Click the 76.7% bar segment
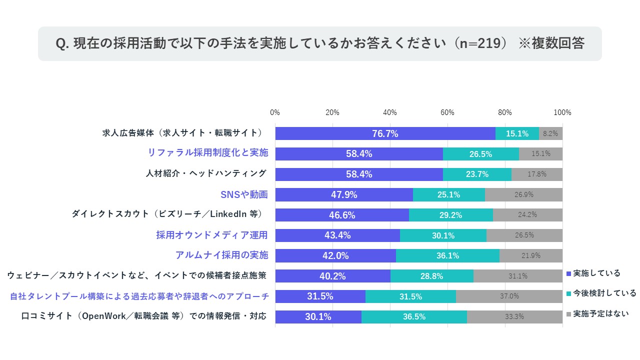pos(385,133)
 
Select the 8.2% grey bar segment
pos(550,133)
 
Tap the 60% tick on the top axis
pos(447,112)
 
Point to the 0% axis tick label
pos(275,112)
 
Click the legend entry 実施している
pos(596,273)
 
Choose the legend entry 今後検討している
pos(604,293)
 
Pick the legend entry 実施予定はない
pos(600,313)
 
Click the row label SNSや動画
pos(244,194)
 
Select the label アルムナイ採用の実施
pos(221,255)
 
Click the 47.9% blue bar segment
pos(344,194)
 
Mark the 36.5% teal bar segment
pos(414,316)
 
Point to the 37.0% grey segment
pos(509,296)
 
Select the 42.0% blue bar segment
pos(335,255)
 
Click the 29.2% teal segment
pos(451,215)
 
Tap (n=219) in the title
pos(480,43)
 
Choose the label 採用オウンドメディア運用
pos(212,235)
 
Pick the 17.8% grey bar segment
pos(537,174)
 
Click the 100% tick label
pos(562,112)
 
